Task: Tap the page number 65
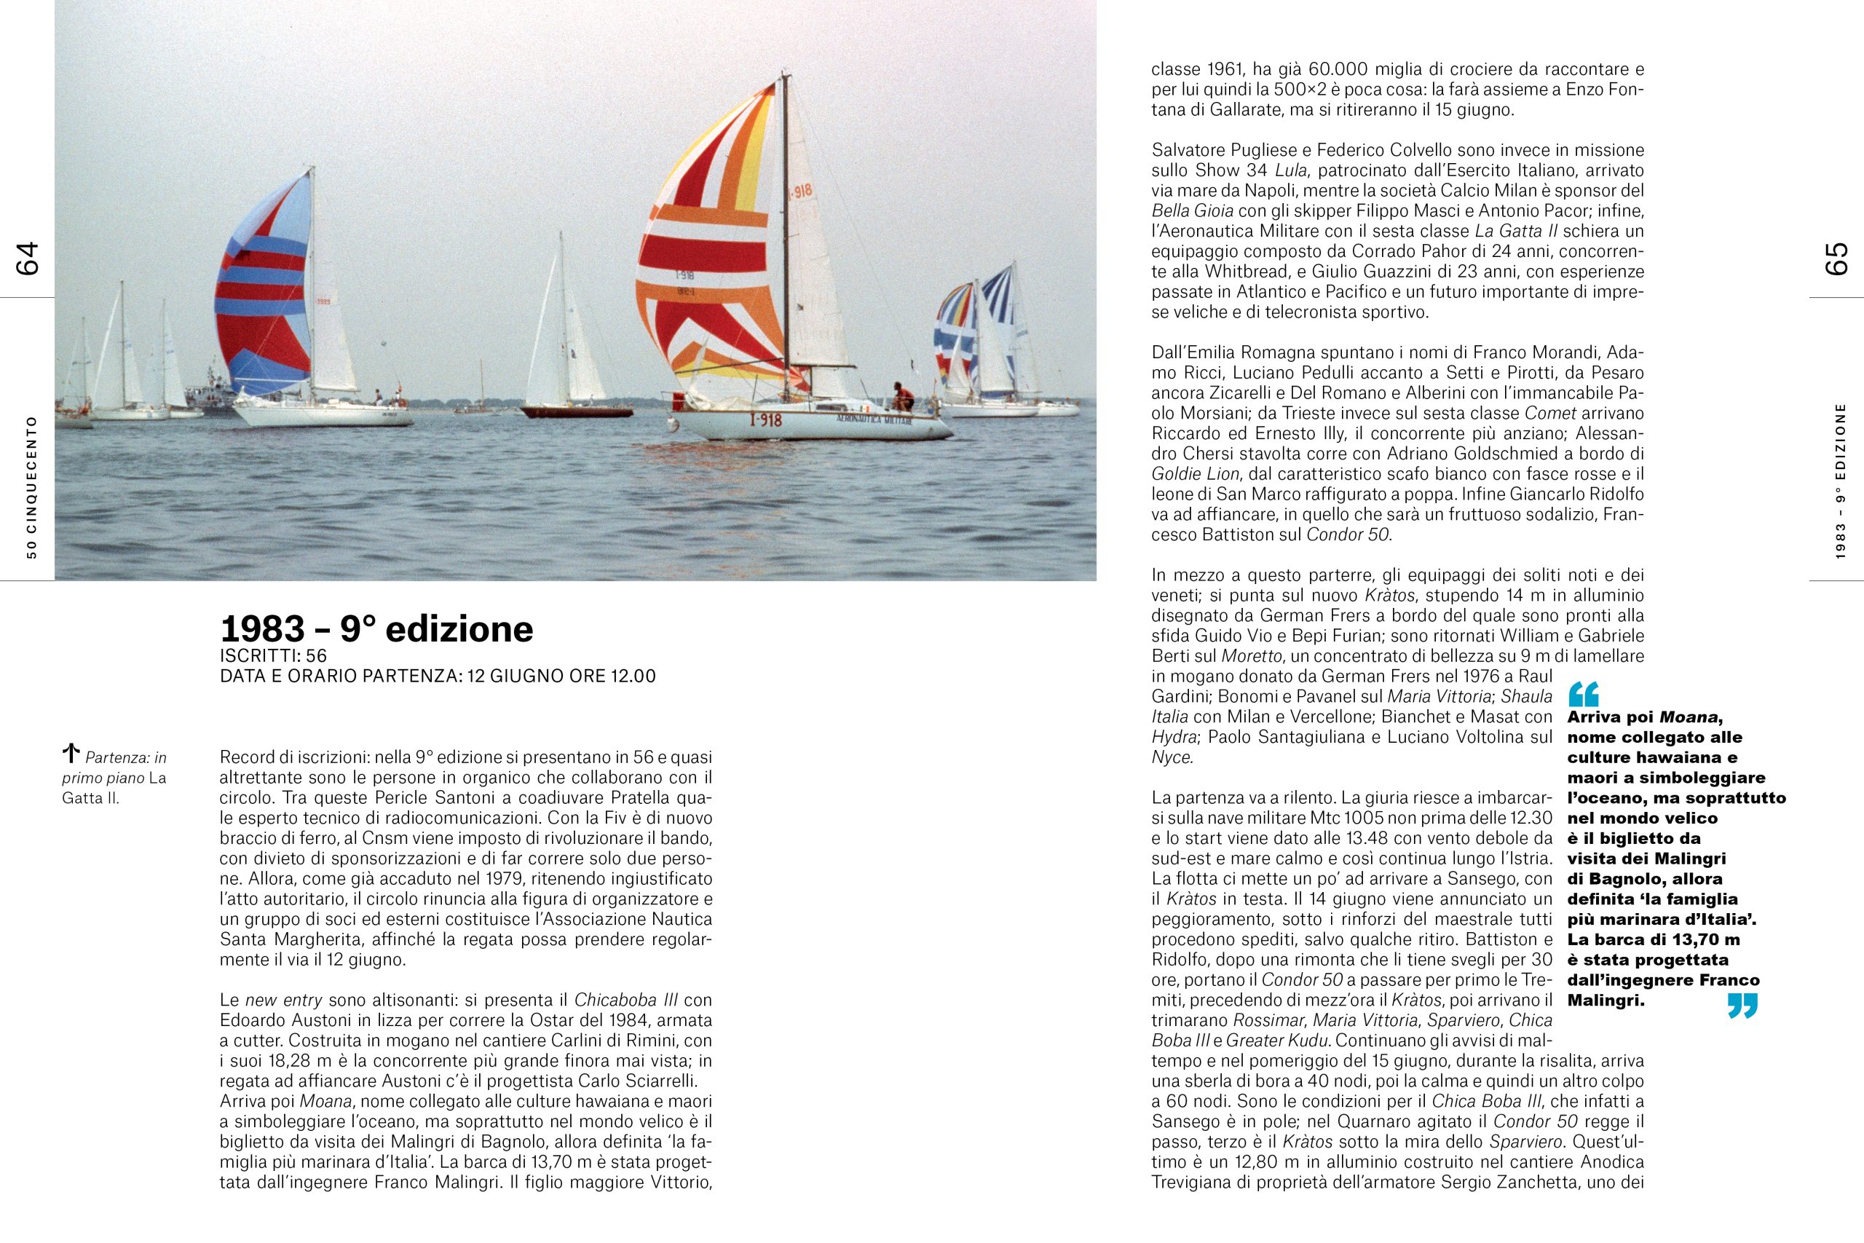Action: click(x=1836, y=259)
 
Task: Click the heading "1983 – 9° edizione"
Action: click(x=376, y=628)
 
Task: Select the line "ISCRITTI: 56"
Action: click(x=274, y=655)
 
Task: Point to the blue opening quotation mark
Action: click(x=1584, y=695)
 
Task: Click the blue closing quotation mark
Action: click(x=1742, y=1006)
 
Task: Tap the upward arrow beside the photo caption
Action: click(x=71, y=752)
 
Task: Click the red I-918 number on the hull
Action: click(x=765, y=420)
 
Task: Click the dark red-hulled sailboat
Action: click(x=575, y=411)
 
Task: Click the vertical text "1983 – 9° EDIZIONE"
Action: click(x=1840, y=481)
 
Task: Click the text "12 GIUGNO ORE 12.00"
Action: click(x=561, y=676)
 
